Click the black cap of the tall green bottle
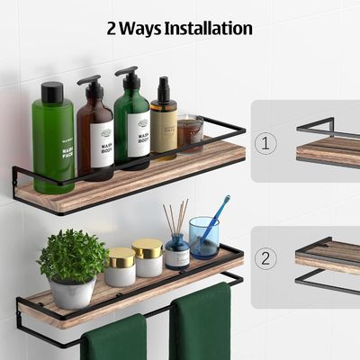53,91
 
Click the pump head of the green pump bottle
127,73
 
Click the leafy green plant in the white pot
73,256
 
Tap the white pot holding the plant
73,292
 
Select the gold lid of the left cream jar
121,257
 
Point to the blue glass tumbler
203,238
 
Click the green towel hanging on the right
200,324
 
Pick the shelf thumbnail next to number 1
328,144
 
